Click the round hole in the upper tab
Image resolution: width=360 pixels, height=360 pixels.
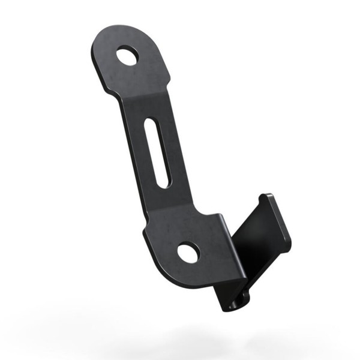click(x=128, y=56)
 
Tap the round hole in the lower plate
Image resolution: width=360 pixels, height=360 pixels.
click(x=188, y=253)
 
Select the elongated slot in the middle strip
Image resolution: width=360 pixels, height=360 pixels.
click(x=155, y=153)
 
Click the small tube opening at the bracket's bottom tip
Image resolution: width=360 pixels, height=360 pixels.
click(x=232, y=305)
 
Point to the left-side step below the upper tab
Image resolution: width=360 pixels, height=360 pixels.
click(x=118, y=95)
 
